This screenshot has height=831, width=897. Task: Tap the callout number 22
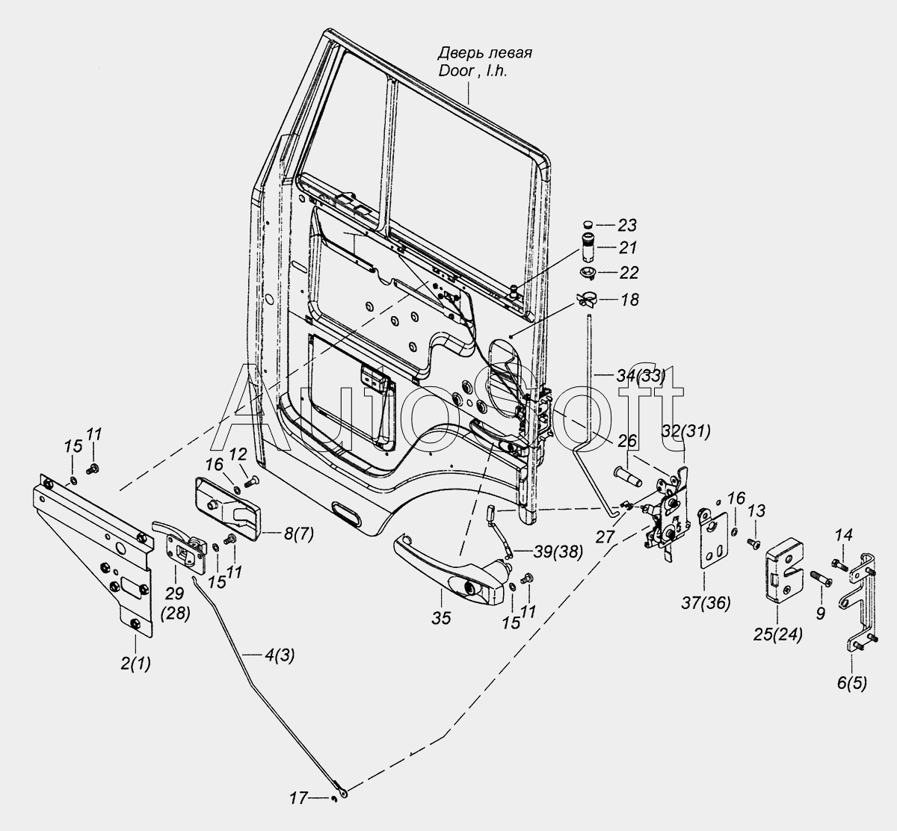pos(628,273)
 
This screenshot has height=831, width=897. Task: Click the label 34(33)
pos(641,375)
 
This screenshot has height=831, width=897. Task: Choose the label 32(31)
pos(686,432)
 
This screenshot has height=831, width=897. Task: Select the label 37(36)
pos(706,603)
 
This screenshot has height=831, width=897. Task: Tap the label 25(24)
pos(777,634)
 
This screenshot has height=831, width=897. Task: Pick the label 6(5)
pos(852,696)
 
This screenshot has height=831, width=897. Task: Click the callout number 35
pos(441,618)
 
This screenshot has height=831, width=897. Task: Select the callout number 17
pos(299,811)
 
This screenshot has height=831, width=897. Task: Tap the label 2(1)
pos(135,664)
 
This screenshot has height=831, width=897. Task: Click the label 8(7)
pos(298,535)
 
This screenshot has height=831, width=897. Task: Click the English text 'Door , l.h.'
pos(473,71)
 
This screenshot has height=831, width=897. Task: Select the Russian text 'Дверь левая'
pos(485,53)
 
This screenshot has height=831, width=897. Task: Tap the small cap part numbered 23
pos(588,224)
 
